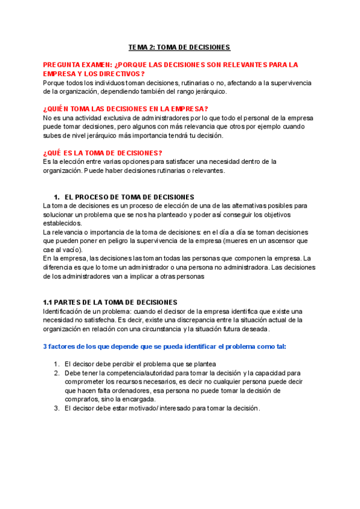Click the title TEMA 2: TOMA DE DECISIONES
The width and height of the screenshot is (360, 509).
pos(179,47)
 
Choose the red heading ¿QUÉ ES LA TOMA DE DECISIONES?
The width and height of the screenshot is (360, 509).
pos(103,152)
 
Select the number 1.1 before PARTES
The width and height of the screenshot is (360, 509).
pos(49,302)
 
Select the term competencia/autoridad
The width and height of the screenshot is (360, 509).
pos(134,373)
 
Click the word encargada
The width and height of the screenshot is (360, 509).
pos(139,399)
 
